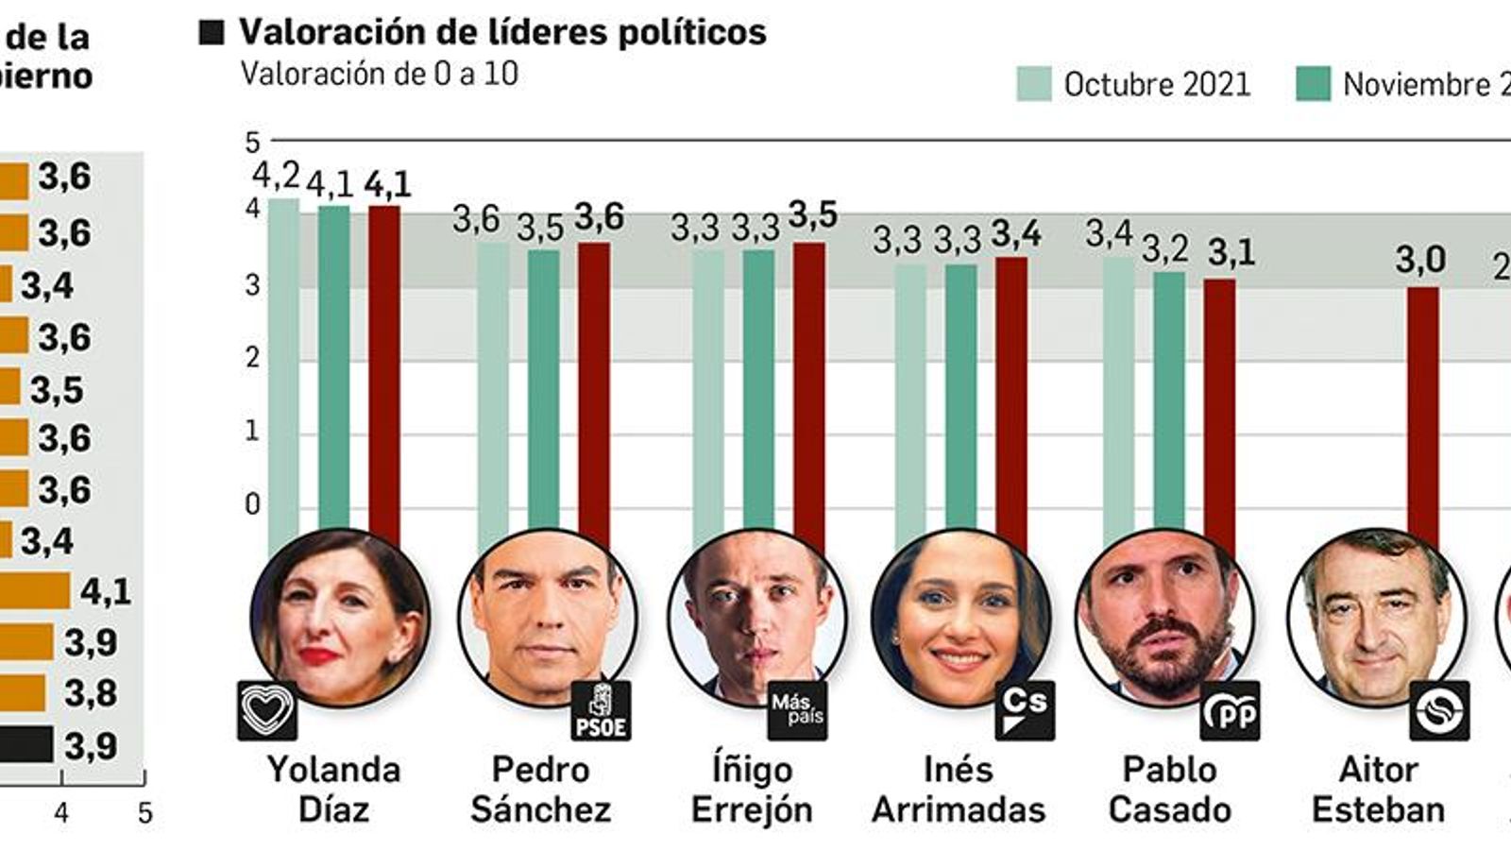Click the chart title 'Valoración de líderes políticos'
click(x=501, y=32)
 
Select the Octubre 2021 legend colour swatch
click(x=1033, y=84)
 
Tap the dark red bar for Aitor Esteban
click(x=1423, y=416)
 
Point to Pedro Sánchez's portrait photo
click(x=547, y=619)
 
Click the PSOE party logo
click(x=601, y=711)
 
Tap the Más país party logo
click(x=797, y=710)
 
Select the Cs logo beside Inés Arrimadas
click(x=1025, y=709)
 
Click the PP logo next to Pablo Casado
click(x=1230, y=710)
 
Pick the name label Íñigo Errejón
click(x=752, y=790)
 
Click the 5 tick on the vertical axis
click(x=252, y=143)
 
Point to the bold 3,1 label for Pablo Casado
click(x=1231, y=252)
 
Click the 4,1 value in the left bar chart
click(x=105, y=592)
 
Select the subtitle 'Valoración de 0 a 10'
click(x=379, y=75)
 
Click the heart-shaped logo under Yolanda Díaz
click(x=266, y=711)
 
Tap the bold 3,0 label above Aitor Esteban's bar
click(x=1420, y=260)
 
